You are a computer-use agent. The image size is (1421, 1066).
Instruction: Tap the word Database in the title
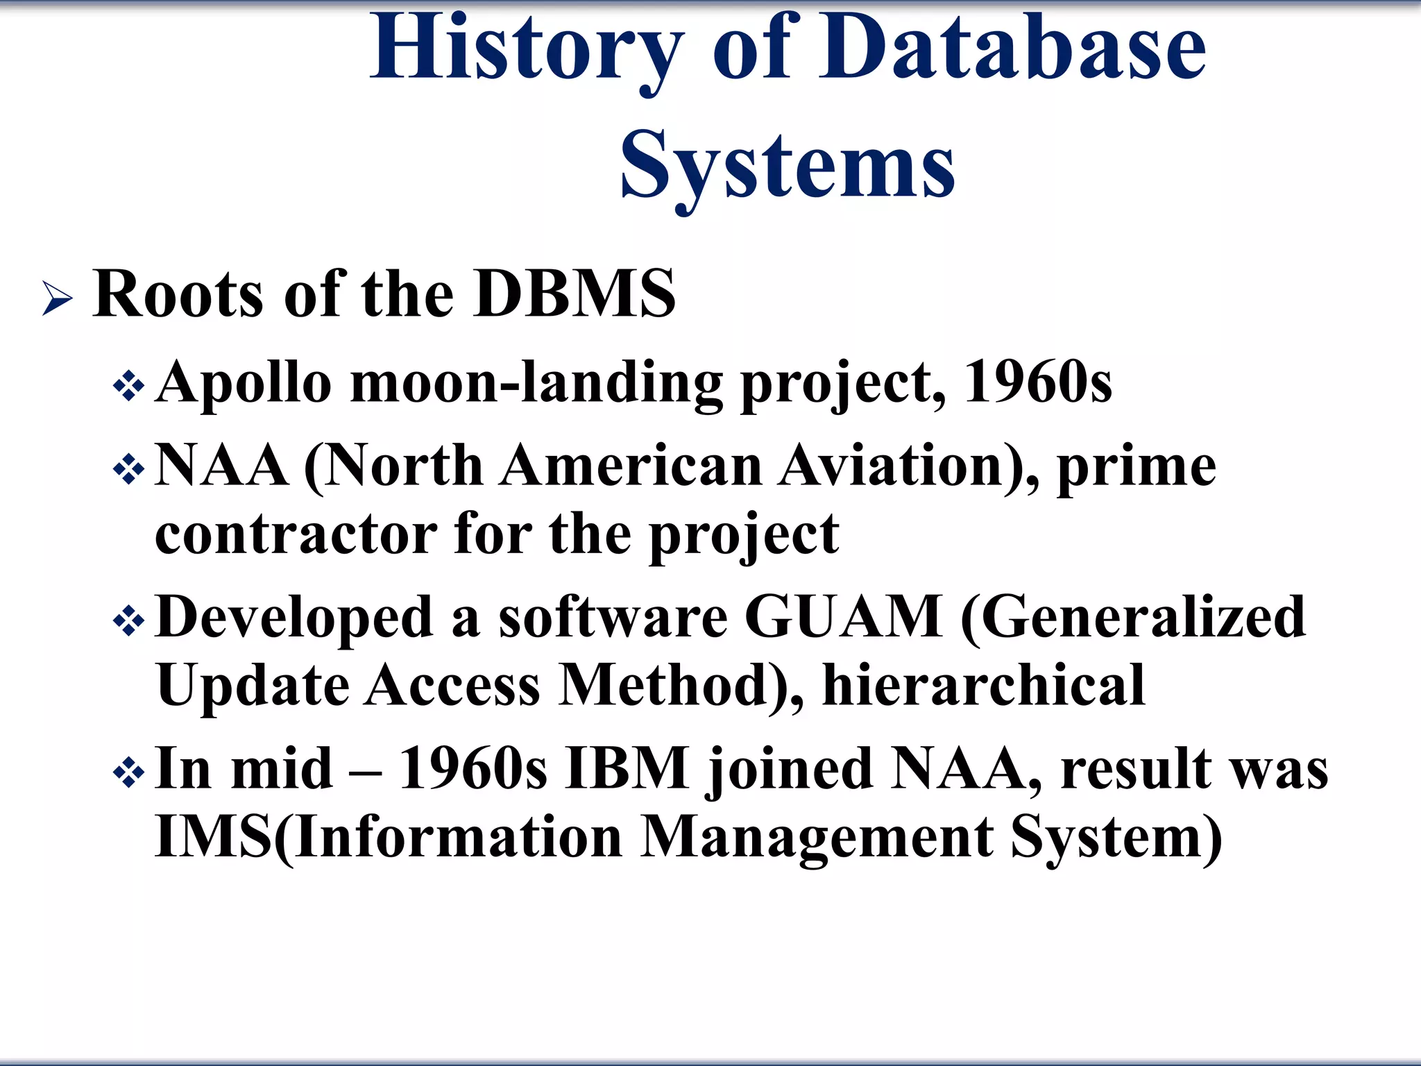click(x=1012, y=49)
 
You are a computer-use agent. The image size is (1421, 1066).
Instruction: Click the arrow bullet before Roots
click(x=57, y=298)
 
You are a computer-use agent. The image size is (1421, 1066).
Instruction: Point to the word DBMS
click(x=574, y=294)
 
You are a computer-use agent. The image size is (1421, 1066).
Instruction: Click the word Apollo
click(x=244, y=383)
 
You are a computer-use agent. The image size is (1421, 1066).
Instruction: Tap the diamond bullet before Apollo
click(x=129, y=386)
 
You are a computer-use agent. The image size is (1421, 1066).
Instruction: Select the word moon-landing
click(x=536, y=383)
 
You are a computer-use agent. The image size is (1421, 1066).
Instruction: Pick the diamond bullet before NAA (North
click(x=129, y=470)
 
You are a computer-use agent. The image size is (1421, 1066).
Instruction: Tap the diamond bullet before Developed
click(x=129, y=620)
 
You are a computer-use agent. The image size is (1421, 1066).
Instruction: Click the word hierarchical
click(x=983, y=686)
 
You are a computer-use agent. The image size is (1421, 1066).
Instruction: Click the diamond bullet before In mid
click(x=129, y=772)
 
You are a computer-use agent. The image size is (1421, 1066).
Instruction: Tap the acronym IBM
click(x=627, y=768)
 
